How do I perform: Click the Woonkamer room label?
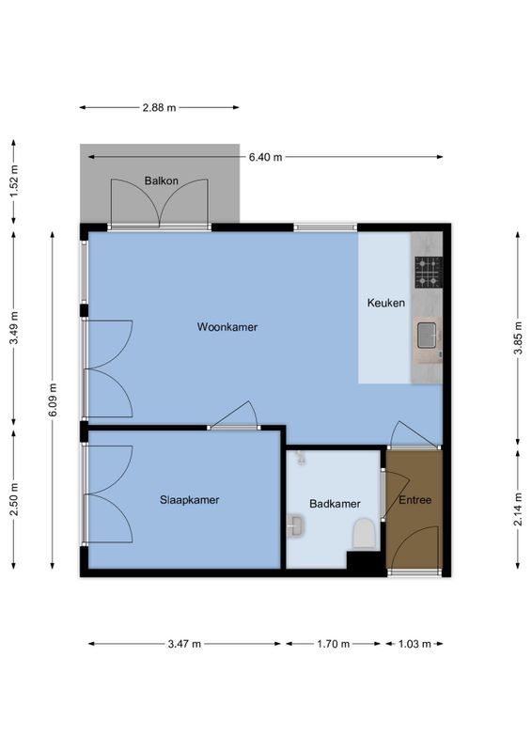click(227, 327)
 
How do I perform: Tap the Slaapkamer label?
click(189, 500)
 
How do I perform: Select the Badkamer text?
click(336, 504)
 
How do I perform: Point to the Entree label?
click(415, 500)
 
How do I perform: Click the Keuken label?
click(385, 303)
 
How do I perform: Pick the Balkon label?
click(161, 180)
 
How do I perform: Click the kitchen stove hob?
click(429, 272)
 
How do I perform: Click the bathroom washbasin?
click(295, 525)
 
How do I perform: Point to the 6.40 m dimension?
click(265, 157)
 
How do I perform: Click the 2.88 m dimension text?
click(159, 108)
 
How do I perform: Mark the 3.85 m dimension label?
click(517, 337)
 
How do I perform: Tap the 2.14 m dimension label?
click(517, 509)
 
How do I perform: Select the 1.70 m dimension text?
click(333, 644)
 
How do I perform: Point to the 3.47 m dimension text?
click(184, 644)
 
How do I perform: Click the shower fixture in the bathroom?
click(300, 458)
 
